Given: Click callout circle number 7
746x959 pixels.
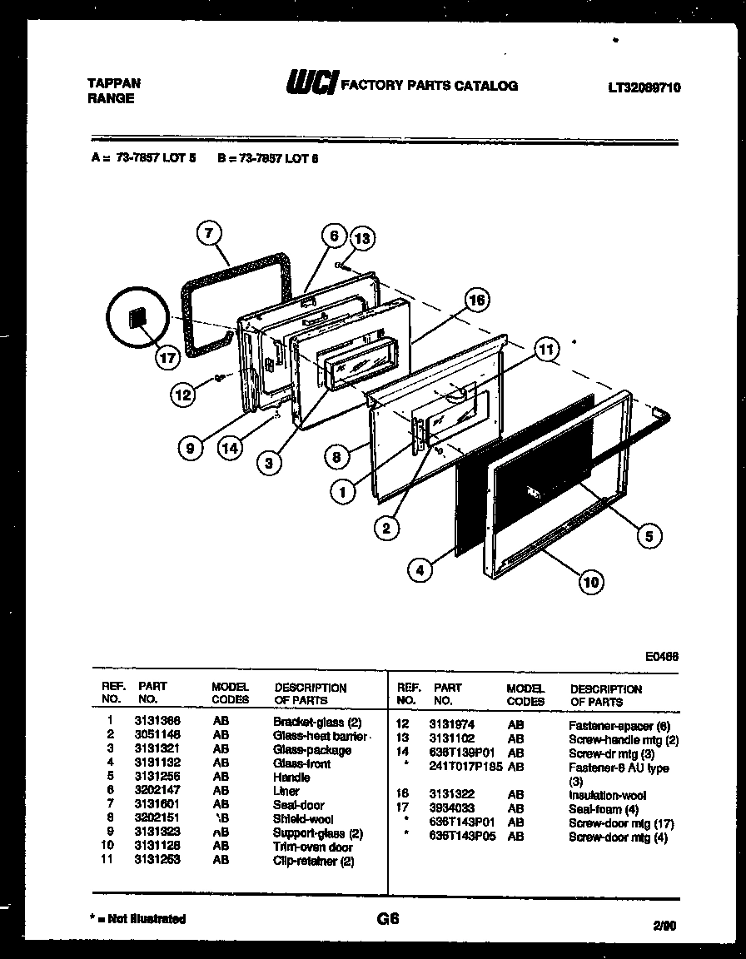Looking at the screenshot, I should [x=211, y=234].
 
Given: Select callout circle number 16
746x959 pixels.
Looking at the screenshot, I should [x=477, y=301].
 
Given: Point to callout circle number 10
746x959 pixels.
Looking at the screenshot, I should [x=590, y=582].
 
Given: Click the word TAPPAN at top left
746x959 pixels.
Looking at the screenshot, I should [x=114, y=83].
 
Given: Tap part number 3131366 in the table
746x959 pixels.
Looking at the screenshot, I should [x=157, y=721].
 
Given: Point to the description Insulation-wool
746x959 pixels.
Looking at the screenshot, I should [x=607, y=795].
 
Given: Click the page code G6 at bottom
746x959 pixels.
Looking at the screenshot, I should [x=388, y=919].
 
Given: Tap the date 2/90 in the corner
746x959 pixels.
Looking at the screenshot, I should [x=663, y=924].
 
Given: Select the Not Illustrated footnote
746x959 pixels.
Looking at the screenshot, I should [x=137, y=919].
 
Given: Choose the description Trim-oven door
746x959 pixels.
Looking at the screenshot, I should [x=312, y=847].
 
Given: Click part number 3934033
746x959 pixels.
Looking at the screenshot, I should [x=452, y=808].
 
